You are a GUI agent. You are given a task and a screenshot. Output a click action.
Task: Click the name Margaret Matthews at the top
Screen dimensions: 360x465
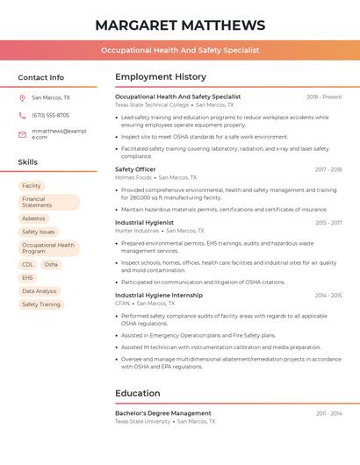pyautogui.click(x=180, y=25)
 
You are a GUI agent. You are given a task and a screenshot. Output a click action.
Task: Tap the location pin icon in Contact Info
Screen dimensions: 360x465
pyautogui.click(x=22, y=98)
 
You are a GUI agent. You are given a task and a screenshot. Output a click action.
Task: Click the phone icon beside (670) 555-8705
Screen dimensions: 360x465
pyautogui.click(x=22, y=115)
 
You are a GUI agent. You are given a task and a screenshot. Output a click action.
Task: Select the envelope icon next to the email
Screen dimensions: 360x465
pyautogui.click(x=22, y=133)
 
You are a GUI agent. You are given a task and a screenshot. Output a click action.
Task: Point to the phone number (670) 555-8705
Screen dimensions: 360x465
pyautogui.click(x=50, y=115)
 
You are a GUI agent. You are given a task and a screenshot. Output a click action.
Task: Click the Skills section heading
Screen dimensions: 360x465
pyautogui.click(x=28, y=162)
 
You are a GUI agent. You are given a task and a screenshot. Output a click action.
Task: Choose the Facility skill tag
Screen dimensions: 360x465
pyautogui.click(x=32, y=186)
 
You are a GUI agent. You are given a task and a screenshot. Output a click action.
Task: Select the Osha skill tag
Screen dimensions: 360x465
pyautogui.click(x=51, y=264)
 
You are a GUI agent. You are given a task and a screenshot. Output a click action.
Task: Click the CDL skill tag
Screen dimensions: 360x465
pyautogui.click(x=28, y=264)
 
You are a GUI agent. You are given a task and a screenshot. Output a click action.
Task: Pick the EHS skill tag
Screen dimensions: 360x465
pyautogui.click(x=28, y=277)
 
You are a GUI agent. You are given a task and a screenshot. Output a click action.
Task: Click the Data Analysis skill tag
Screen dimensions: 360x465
pyautogui.click(x=40, y=291)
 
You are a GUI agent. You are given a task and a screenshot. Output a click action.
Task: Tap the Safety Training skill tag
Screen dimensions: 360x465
pyautogui.click(x=41, y=304)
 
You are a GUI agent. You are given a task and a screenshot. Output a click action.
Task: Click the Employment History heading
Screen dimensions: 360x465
pyautogui.click(x=161, y=77)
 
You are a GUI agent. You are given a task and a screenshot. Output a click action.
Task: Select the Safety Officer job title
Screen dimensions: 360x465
pyautogui.click(x=135, y=169)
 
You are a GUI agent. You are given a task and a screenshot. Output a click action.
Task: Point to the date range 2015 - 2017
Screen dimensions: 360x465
pyautogui.click(x=328, y=223)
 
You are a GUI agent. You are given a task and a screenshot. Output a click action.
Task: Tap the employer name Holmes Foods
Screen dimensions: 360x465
pyautogui.click(x=133, y=177)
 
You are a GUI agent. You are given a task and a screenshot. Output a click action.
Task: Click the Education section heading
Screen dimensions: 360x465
pyautogui.click(x=138, y=393)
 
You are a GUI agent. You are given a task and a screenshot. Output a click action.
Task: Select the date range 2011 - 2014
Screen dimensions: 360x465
pyautogui.click(x=328, y=413)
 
